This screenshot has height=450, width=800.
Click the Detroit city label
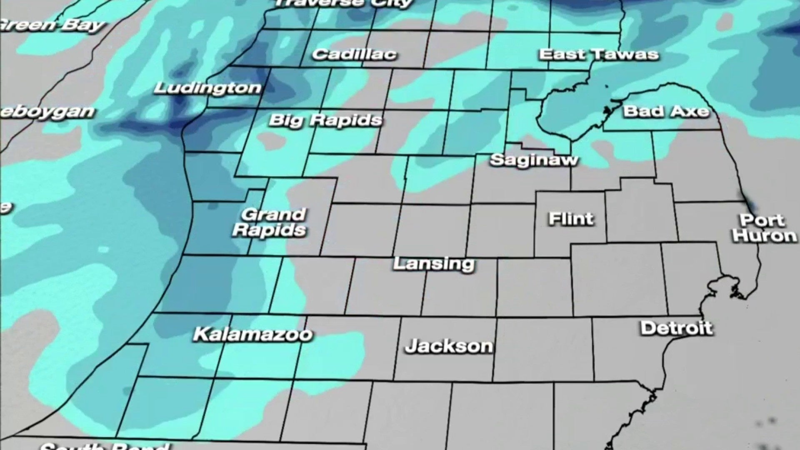676,328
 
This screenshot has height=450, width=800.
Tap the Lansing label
434,263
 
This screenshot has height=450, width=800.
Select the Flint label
571,219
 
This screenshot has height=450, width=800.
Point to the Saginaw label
534,160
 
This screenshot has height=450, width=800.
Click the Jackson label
449,346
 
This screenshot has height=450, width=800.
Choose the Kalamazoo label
252,334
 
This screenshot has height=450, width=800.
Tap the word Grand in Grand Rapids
274,215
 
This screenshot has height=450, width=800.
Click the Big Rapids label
325,120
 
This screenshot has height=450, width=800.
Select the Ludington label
207,88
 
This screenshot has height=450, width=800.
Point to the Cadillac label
354,54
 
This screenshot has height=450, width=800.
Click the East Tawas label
598,54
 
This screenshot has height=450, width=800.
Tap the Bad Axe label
665,111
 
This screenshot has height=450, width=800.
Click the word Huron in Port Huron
765,236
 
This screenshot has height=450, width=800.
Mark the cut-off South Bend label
104,446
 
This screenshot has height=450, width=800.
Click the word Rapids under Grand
270,230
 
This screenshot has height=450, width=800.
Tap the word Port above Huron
762,220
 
